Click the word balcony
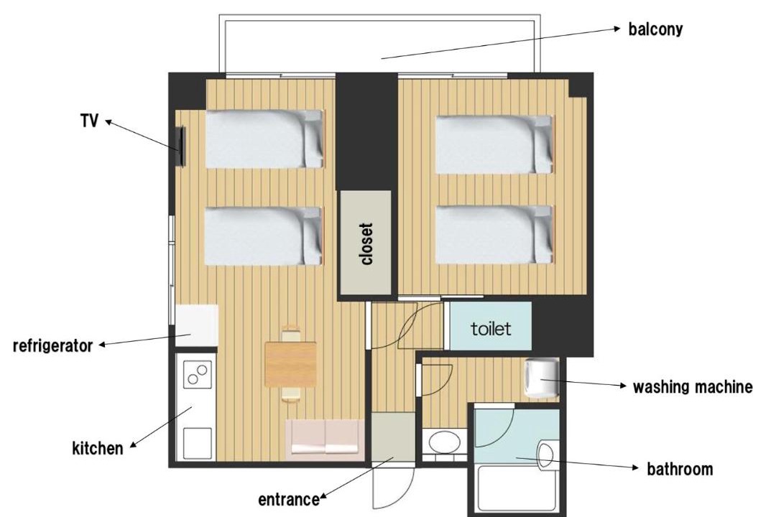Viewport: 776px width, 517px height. pos(655,29)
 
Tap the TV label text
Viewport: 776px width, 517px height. pos(90,121)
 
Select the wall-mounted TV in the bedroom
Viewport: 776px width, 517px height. pos(181,146)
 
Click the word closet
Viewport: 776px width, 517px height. pos(366,244)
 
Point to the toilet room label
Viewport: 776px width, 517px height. pos(491,328)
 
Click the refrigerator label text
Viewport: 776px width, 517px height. pos(52,345)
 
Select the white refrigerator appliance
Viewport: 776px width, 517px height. pos(197,325)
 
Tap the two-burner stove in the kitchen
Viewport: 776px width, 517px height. pos(198,374)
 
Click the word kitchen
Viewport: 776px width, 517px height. pos(98,449)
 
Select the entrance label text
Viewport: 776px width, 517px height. pos(289,500)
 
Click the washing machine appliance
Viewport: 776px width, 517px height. pos(542,378)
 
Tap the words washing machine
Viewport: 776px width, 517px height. pos(693,387)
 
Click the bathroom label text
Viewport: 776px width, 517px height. pos(680,469)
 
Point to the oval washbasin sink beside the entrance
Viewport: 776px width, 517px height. pos(445,442)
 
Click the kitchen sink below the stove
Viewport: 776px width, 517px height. pos(198,443)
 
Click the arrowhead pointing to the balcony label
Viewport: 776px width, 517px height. pos(617,29)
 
